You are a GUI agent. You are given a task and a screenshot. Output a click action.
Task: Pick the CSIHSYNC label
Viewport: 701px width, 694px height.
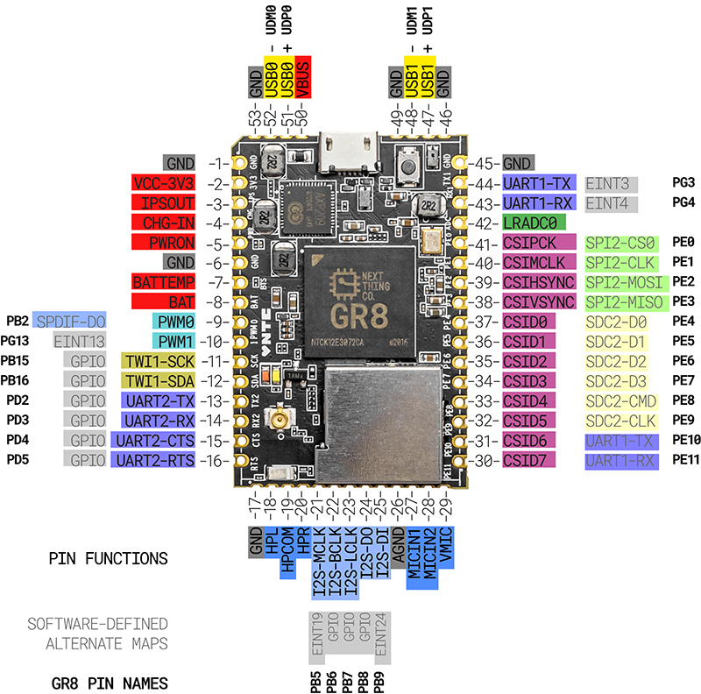pyautogui.click(x=538, y=282)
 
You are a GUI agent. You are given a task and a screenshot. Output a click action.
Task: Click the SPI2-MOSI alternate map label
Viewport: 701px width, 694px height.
pyautogui.click(x=625, y=282)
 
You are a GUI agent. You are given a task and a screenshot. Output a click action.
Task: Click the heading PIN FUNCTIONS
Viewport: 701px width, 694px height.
pyautogui.click(x=108, y=558)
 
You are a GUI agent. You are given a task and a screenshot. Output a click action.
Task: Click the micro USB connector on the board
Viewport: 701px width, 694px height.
pyautogui.click(x=349, y=147)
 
